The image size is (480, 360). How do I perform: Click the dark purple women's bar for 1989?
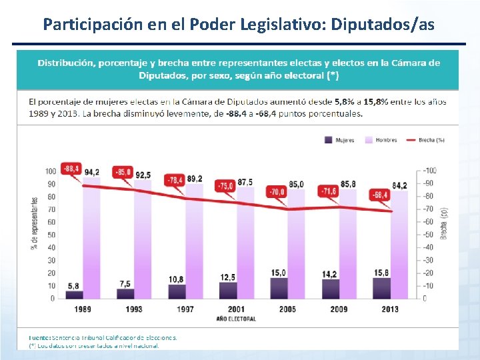click(x=75, y=294)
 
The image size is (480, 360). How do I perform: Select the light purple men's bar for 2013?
click(x=399, y=244)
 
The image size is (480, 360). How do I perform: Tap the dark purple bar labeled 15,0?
click(x=278, y=288)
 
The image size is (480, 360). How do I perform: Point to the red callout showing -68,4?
click(x=381, y=195)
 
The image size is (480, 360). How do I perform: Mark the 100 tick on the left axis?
click(x=51, y=171)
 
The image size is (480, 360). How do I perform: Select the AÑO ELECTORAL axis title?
click(x=236, y=319)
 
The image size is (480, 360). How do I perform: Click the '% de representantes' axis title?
click(x=35, y=223)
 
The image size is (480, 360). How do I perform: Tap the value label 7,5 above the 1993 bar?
click(x=125, y=283)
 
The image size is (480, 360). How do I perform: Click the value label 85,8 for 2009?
click(x=347, y=183)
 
